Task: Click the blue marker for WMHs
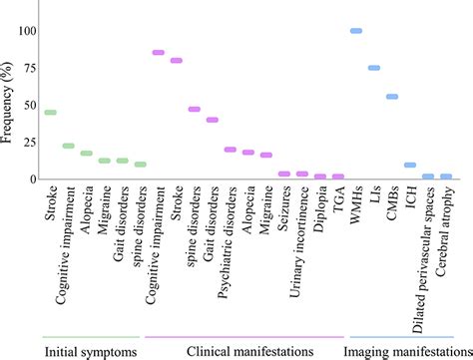tap(356, 31)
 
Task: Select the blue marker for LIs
tap(374, 68)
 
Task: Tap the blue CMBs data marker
tap(392, 97)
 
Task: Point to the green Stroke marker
tap(50, 113)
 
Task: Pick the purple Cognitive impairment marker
tap(158, 53)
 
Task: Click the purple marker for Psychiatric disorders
tap(231, 150)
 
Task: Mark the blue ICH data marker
tap(410, 165)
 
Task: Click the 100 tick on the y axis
tap(25, 31)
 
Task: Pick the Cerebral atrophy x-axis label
tap(446, 229)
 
